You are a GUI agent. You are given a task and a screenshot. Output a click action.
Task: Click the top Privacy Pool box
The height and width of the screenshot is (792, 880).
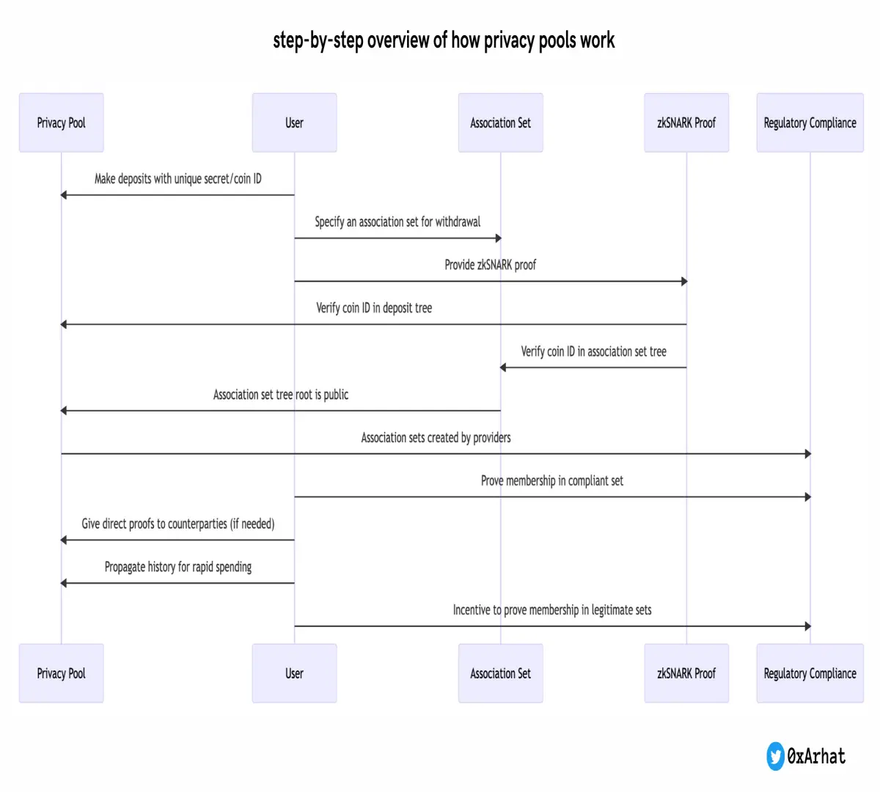tap(62, 122)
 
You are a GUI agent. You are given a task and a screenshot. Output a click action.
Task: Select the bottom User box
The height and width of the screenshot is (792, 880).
tap(294, 673)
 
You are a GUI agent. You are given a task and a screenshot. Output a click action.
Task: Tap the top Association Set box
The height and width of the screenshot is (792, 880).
tap(501, 122)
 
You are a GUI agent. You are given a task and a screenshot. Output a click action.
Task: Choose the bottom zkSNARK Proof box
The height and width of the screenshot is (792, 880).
tap(686, 673)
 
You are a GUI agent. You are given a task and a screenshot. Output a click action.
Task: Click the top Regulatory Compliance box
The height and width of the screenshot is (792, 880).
tap(810, 122)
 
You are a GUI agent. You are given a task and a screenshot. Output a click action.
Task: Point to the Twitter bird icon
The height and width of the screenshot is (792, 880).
tap(775, 756)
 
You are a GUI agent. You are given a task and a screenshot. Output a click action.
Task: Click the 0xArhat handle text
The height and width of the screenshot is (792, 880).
tap(816, 756)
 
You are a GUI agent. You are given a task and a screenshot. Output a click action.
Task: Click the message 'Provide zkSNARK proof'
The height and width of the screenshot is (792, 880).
tap(490, 265)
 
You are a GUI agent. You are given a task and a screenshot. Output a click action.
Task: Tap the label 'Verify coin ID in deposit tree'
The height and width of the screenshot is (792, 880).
tap(374, 308)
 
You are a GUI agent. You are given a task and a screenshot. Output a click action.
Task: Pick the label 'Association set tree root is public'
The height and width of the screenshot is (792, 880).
tap(281, 395)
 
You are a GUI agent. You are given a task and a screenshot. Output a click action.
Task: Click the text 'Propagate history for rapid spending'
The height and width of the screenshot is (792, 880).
tap(177, 567)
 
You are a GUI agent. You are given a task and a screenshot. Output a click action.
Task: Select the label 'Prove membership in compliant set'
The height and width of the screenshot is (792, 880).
tap(552, 481)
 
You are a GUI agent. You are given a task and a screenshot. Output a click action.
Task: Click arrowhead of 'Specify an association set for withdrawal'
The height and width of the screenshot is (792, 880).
tap(499, 238)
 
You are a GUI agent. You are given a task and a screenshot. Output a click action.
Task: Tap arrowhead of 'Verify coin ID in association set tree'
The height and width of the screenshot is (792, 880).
tap(503, 367)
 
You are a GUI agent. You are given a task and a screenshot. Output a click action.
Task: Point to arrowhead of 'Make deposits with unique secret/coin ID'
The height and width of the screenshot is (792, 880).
tap(63, 195)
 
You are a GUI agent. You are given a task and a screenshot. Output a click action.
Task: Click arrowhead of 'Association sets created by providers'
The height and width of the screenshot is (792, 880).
tap(808, 454)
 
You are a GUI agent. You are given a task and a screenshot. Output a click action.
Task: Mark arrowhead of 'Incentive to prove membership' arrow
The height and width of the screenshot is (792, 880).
tap(808, 626)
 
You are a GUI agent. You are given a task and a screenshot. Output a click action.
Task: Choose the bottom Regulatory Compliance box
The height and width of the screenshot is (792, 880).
tap(810, 673)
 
